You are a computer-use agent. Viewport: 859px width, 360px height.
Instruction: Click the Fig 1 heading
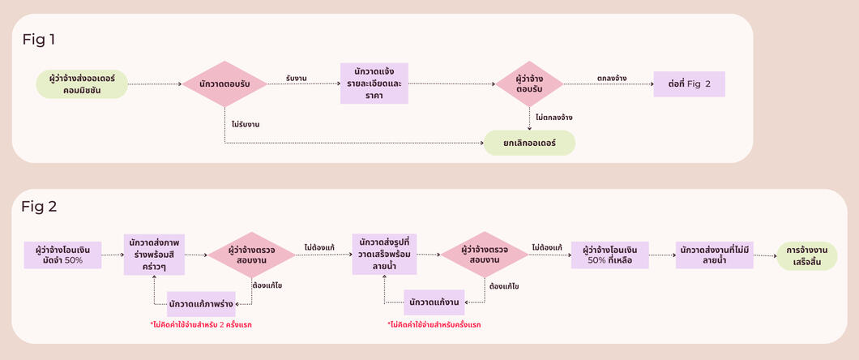point(38,38)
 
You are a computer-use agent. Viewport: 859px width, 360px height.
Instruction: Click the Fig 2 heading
point(39,207)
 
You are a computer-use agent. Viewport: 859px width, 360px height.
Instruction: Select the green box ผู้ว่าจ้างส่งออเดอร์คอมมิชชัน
point(82,84)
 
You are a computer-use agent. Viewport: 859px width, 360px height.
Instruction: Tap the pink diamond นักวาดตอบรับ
point(224,84)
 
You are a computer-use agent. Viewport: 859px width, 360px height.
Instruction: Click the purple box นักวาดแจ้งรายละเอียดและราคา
point(374,84)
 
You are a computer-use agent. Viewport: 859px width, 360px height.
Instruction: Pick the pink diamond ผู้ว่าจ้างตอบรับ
point(529,84)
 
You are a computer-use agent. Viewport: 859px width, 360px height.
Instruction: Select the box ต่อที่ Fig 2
point(689,84)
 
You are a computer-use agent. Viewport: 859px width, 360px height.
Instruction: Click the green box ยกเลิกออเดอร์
point(529,143)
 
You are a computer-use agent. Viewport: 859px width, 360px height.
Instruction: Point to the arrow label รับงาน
point(297,78)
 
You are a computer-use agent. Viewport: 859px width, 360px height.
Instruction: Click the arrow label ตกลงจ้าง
point(611,79)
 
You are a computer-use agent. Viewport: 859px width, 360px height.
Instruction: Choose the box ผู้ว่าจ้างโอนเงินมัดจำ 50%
point(62,255)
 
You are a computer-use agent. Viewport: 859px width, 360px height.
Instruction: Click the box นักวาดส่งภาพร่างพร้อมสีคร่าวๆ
point(154,255)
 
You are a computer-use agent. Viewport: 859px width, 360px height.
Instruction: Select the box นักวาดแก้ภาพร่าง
point(201,303)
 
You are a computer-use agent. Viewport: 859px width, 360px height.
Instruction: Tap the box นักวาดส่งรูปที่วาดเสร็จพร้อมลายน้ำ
point(385,255)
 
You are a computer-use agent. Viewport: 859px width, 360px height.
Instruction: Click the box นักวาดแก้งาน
point(434,302)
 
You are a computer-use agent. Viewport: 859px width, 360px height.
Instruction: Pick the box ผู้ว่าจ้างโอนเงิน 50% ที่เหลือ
point(609,255)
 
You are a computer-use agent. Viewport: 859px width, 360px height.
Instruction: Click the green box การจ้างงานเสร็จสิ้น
point(806,255)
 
